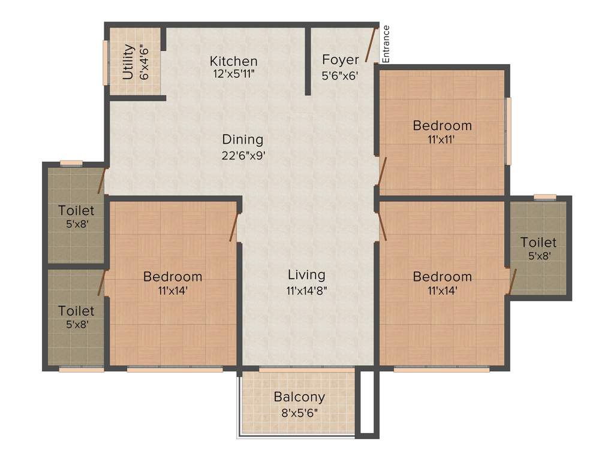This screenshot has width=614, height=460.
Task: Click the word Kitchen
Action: [233, 61]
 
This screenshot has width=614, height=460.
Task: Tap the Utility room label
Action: [128, 62]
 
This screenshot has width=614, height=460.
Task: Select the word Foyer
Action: [340, 59]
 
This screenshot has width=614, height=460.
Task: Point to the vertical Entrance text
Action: [386, 44]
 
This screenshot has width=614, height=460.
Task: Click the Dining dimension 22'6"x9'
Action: [243, 155]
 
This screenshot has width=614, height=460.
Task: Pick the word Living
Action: [306, 275]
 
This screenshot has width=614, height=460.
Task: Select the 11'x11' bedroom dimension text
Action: [442, 140]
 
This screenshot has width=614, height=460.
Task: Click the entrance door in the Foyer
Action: [372, 46]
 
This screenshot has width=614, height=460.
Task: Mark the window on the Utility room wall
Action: [106, 62]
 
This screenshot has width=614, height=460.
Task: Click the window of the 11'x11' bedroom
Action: [508, 131]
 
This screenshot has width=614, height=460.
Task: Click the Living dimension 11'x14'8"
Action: [306, 290]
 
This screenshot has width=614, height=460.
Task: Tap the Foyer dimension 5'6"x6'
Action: [340, 75]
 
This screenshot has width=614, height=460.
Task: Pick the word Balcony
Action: [299, 397]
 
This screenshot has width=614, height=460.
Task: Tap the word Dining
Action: [243, 140]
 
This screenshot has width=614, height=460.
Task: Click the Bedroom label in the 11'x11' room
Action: [442, 126]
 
